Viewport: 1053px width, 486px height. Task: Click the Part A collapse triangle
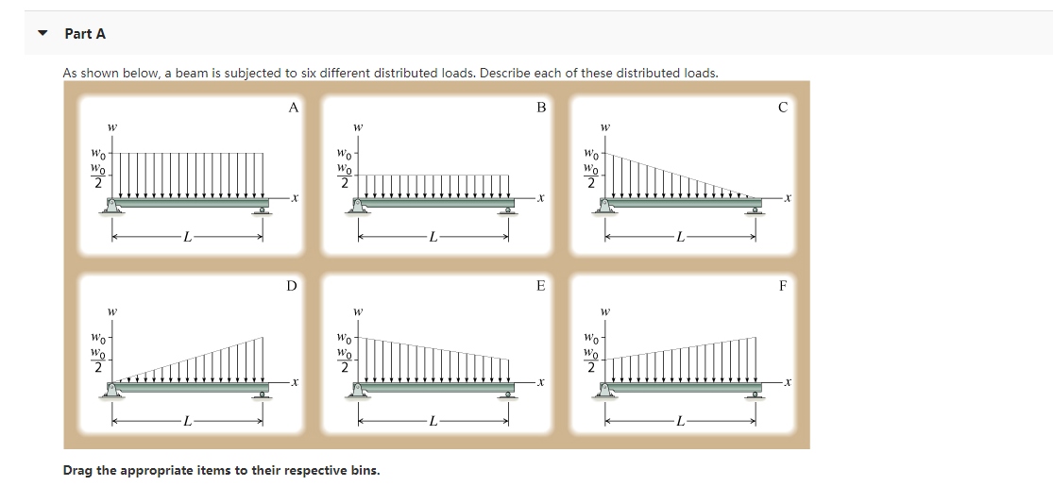point(42,34)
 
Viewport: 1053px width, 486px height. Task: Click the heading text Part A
point(85,34)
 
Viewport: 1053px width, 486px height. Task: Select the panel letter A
point(293,108)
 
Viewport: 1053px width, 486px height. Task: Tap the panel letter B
point(541,108)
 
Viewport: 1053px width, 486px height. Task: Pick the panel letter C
point(782,108)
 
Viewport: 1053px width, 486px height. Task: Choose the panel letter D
point(292,285)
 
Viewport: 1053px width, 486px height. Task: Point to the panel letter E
point(541,285)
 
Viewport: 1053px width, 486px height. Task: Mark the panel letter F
point(782,285)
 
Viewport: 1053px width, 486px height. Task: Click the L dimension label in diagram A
point(187,239)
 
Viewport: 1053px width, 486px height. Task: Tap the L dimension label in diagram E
point(432,421)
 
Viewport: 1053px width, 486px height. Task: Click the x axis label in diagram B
point(541,198)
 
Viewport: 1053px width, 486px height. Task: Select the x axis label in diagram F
point(788,382)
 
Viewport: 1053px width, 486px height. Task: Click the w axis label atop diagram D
point(111,310)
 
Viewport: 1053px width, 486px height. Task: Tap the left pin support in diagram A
point(113,207)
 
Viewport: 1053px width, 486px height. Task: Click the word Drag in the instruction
point(78,470)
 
